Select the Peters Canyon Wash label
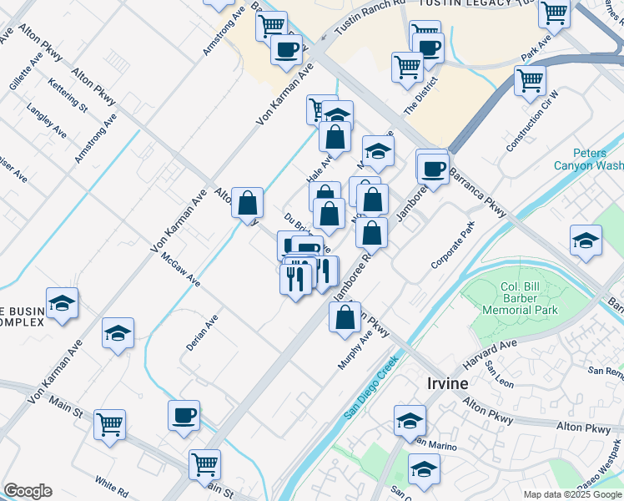pos(588,159)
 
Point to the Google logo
pos(28,491)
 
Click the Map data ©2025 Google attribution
pos(572,494)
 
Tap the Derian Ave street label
pos(202,331)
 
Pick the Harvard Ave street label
pos(491,357)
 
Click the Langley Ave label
pos(46,121)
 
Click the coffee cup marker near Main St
pos(184,415)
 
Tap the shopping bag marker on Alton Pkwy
pos(247,203)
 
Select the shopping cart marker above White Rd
pos(109,424)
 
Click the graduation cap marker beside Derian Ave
pos(118,333)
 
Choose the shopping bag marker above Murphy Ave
pos(345,317)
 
